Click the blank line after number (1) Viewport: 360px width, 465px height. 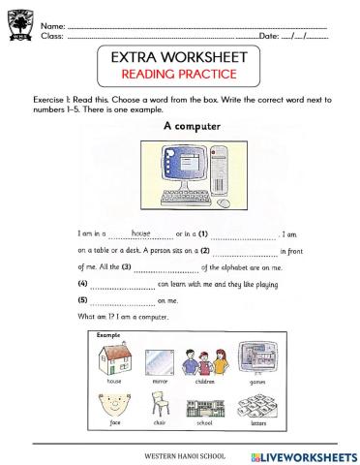click(244, 235)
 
